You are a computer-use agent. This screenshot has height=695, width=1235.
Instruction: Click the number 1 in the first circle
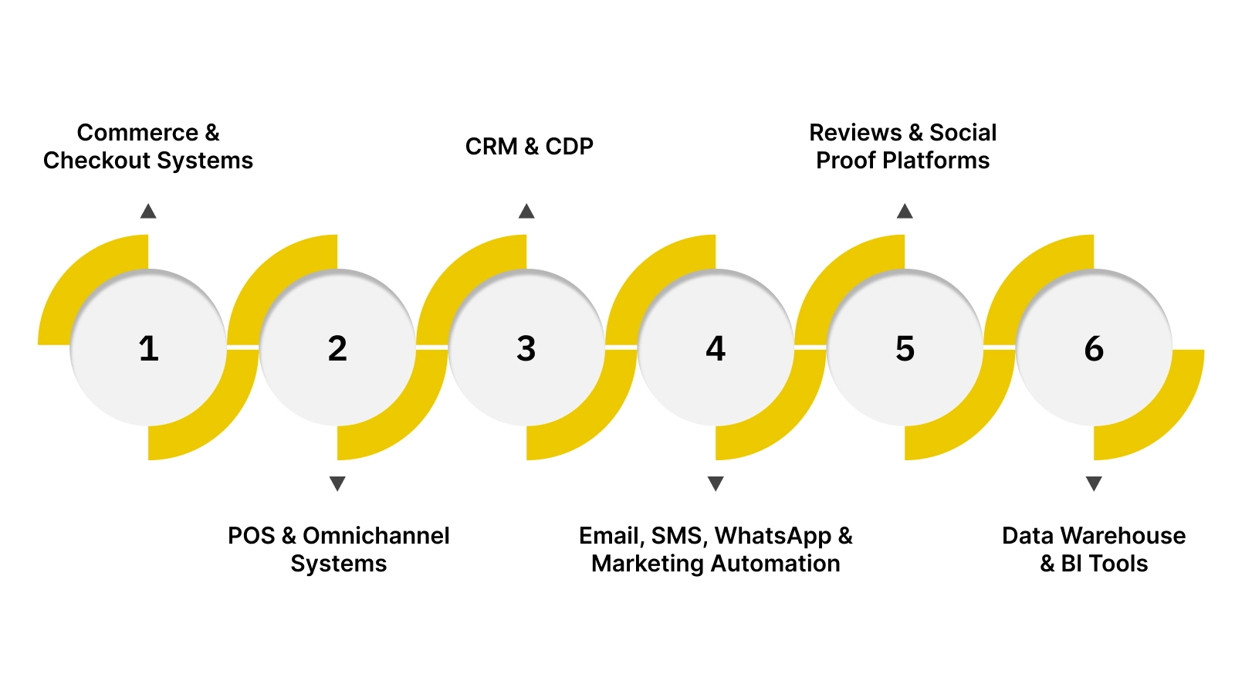[x=148, y=348]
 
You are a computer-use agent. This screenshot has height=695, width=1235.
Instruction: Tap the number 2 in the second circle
[x=337, y=348]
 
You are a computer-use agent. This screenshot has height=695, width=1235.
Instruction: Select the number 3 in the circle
[x=526, y=348]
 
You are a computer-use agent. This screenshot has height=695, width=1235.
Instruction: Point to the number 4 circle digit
[x=716, y=348]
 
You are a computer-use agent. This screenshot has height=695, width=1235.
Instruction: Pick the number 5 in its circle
[x=905, y=348]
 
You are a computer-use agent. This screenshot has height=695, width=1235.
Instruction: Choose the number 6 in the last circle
[x=1094, y=348]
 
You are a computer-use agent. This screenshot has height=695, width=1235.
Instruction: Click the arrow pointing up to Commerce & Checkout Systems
[x=148, y=212]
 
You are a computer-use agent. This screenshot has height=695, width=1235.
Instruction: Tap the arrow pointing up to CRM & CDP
[x=526, y=212]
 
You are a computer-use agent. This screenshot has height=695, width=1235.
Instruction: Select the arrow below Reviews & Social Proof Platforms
[x=905, y=212]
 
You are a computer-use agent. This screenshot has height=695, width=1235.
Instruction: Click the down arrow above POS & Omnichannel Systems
[x=337, y=483]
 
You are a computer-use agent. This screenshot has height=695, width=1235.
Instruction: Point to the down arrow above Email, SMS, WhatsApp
[x=716, y=483]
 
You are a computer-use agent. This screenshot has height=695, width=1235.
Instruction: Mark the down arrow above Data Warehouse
[x=1094, y=483]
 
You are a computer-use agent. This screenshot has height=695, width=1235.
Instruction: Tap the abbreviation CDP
[x=569, y=147]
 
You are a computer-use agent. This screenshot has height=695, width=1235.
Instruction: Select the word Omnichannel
[x=376, y=536]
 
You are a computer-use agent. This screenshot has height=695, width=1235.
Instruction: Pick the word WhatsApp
[x=773, y=536]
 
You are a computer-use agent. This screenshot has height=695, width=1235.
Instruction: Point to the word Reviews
[x=855, y=133]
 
